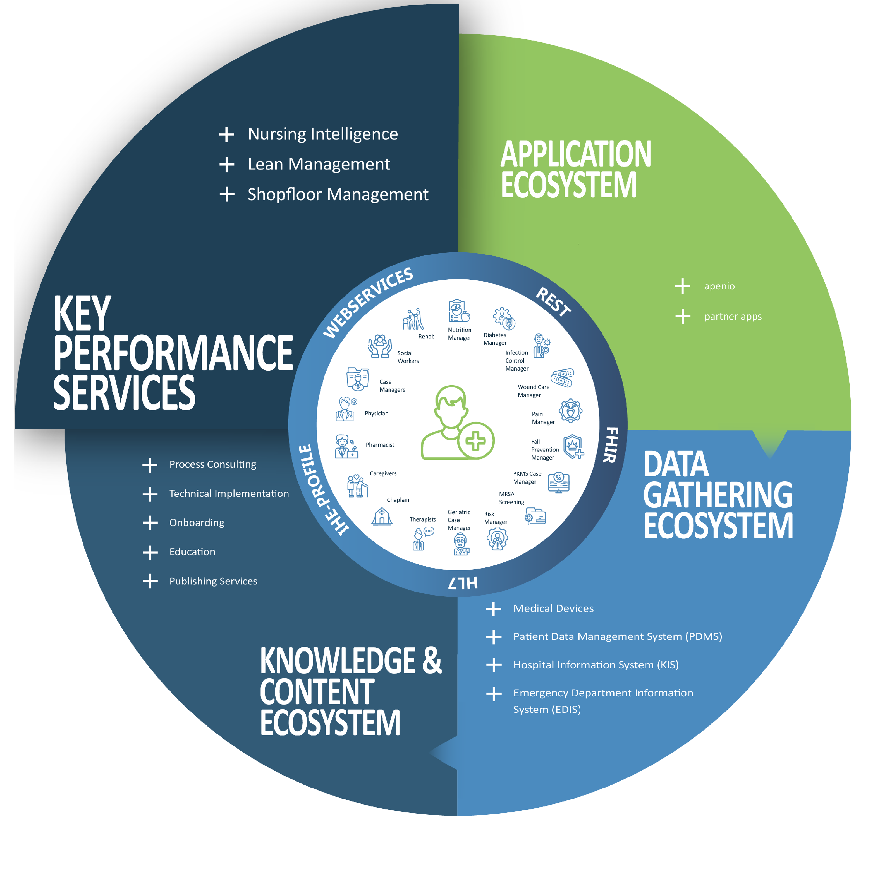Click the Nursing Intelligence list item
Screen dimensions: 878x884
pyautogui.click(x=322, y=134)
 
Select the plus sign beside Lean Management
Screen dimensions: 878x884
pyautogui.click(x=227, y=164)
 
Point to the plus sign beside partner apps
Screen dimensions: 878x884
pyautogui.click(x=683, y=316)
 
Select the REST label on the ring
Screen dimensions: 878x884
pyautogui.click(x=554, y=302)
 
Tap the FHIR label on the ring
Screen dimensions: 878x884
pyautogui.click(x=611, y=445)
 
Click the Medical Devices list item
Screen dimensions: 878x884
pyautogui.click(x=553, y=609)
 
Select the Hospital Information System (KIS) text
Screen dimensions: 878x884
pyautogui.click(x=596, y=665)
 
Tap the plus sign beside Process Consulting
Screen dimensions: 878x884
pyautogui.click(x=150, y=465)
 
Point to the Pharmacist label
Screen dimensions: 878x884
pyautogui.click(x=380, y=445)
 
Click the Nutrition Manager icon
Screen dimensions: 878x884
pyautogui.click(x=459, y=311)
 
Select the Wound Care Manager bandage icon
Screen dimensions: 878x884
pyautogui.click(x=562, y=378)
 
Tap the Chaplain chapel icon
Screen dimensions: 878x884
pyautogui.click(x=381, y=517)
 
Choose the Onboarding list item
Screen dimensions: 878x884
pyautogui.click(x=197, y=523)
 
